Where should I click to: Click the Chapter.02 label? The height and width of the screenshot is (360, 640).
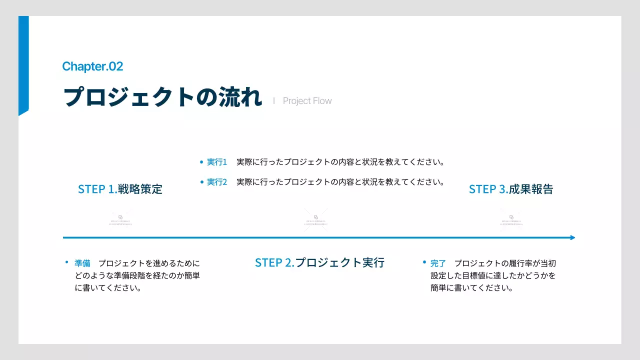(x=92, y=66)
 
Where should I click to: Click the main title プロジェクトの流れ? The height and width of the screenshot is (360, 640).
(x=162, y=97)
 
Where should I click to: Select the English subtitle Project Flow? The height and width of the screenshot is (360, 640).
(x=307, y=101)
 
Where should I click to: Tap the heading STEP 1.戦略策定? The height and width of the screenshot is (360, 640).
(x=120, y=189)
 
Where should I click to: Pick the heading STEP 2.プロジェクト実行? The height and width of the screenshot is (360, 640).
(x=319, y=262)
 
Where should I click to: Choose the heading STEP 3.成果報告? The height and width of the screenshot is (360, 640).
(x=511, y=189)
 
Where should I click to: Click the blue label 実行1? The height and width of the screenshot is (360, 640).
(x=217, y=162)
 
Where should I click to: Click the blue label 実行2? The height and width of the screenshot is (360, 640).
(x=217, y=182)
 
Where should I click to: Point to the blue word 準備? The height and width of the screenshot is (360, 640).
(x=82, y=263)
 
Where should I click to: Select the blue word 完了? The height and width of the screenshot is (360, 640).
(x=438, y=263)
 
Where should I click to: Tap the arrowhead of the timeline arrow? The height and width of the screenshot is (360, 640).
(x=572, y=237)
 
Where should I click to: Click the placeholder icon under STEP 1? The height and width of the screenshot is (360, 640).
(x=120, y=219)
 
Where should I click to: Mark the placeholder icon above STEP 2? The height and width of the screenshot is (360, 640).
(x=316, y=219)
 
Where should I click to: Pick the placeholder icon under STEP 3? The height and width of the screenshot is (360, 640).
(x=511, y=219)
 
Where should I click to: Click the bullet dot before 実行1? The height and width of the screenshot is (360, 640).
(x=201, y=162)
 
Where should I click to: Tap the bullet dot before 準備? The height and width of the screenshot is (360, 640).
(x=66, y=262)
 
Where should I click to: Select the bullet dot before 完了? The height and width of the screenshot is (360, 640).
(x=424, y=262)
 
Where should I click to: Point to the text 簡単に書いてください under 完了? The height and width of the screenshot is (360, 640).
(x=472, y=288)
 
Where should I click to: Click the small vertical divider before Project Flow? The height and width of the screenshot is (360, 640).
(x=274, y=100)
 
